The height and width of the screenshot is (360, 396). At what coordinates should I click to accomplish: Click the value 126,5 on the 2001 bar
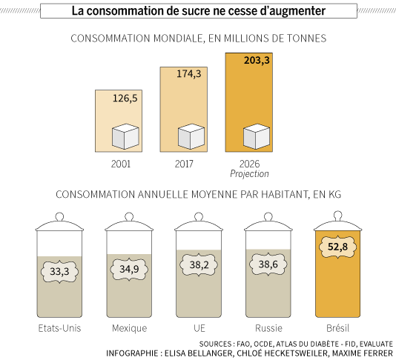(125, 98)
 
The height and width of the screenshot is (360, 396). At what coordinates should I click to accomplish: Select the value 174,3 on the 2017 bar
(189, 73)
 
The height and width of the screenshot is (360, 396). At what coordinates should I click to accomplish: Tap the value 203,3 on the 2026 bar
(257, 60)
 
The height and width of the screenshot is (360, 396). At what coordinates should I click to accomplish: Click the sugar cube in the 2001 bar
(125, 136)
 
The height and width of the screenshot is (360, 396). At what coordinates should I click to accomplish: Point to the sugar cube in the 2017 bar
(191, 136)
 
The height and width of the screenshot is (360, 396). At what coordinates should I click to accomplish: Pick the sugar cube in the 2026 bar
(257, 136)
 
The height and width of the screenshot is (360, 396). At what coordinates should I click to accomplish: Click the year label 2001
(121, 164)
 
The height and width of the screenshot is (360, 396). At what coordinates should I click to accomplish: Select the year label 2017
(184, 164)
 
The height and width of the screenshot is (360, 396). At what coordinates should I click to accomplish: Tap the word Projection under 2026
(249, 174)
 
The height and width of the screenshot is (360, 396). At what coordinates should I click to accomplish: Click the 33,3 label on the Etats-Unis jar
(59, 271)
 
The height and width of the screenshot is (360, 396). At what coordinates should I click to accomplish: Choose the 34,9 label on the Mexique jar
(129, 269)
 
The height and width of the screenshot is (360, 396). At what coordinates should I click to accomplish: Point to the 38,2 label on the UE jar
(199, 265)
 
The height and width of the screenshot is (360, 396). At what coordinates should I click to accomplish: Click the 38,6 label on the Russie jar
(268, 264)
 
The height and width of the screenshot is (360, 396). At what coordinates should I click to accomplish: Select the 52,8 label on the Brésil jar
(337, 247)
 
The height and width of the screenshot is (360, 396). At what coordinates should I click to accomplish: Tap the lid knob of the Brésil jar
(338, 216)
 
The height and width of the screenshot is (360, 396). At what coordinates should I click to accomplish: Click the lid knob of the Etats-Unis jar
(59, 217)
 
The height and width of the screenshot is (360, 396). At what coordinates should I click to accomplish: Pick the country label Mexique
(129, 328)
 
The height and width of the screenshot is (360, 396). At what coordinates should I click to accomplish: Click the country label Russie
(268, 328)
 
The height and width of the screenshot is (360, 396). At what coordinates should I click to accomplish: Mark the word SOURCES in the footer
(214, 344)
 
